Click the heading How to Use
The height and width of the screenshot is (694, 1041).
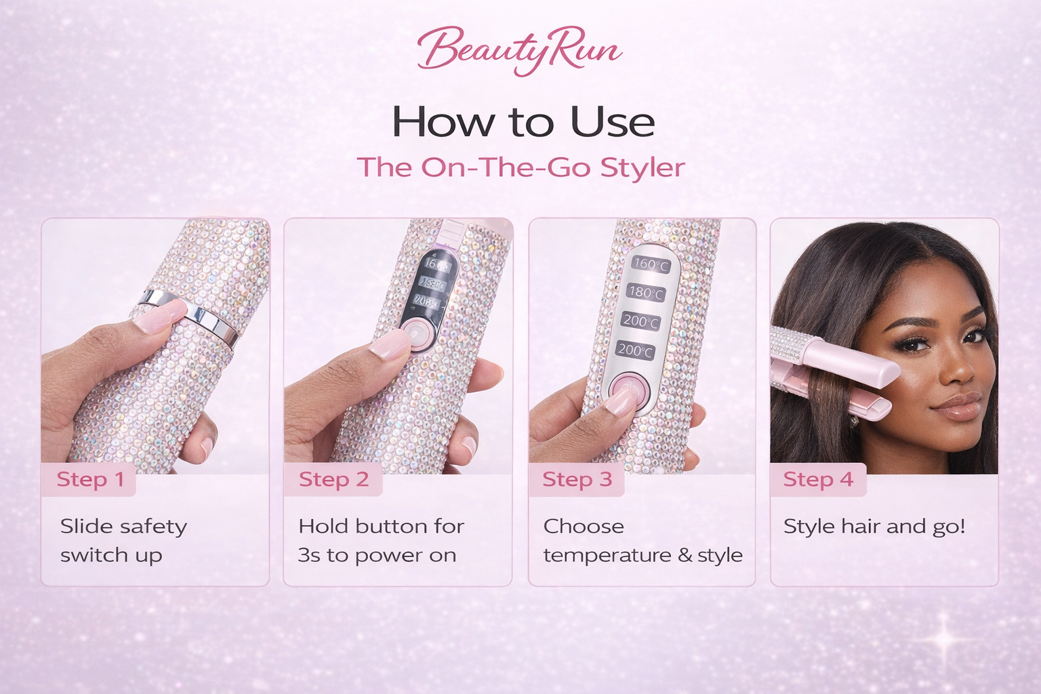tap(523, 123)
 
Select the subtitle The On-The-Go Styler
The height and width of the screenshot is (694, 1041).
tap(520, 167)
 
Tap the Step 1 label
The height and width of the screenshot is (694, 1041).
tap(90, 480)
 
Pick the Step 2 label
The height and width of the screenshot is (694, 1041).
tap(333, 480)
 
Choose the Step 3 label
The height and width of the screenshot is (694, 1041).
tap(577, 480)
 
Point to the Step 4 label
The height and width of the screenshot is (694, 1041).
tap(818, 480)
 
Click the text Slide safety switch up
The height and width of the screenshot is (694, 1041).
tap(123, 540)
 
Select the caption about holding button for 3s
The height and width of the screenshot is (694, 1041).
tap(381, 540)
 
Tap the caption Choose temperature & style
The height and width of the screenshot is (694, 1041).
tap(642, 540)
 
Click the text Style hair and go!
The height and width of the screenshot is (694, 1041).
tap(874, 527)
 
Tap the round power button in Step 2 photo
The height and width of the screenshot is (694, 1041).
tap(415, 333)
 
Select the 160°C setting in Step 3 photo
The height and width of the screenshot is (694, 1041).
tap(651, 264)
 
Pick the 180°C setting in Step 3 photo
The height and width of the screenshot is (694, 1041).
tap(647, 293)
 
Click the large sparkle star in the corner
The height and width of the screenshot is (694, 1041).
tap(945, 638)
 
